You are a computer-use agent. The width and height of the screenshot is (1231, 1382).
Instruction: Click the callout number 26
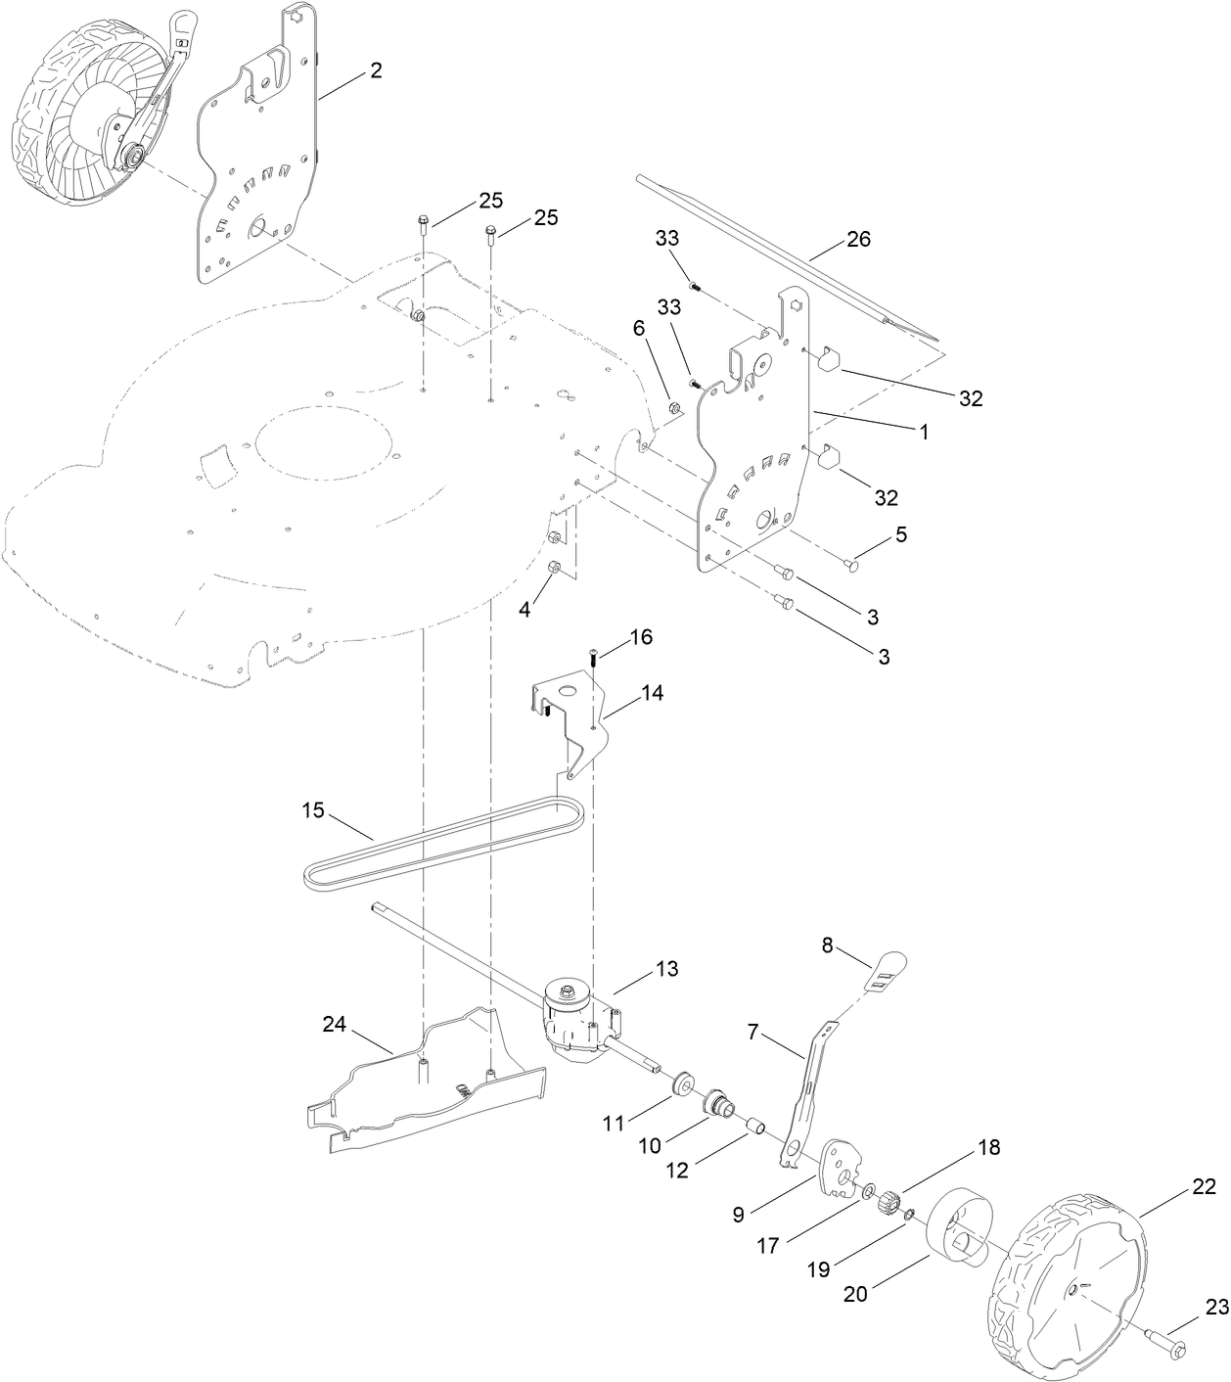857,240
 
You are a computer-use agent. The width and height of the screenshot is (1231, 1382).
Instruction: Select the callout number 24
335,1024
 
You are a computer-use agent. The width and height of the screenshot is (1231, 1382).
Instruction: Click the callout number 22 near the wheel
1204,1187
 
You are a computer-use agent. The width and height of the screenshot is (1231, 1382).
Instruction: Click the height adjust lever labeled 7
807,1086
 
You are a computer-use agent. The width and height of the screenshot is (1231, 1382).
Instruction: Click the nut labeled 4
553,568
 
